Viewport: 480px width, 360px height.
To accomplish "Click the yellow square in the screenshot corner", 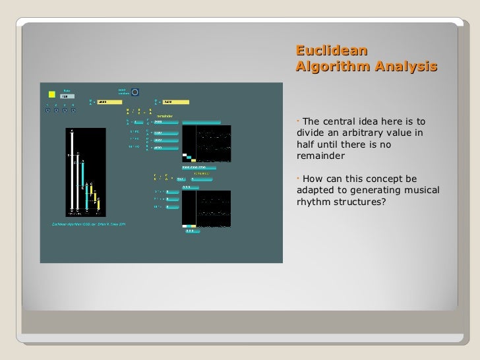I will point(52,94).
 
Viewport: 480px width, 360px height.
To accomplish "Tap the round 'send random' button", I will point(135,92).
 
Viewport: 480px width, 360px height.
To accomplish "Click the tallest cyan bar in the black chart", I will point(84,185).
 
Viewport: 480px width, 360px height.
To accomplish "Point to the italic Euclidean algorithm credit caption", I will point(88,224).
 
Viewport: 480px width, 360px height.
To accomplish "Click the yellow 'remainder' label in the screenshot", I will point(165,115).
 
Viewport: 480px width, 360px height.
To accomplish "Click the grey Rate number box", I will point(67,96).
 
